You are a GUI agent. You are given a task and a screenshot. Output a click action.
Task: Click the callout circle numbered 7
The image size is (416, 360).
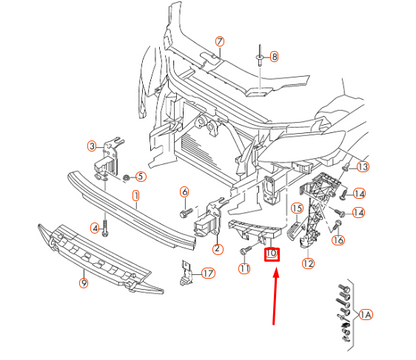pos(220,43)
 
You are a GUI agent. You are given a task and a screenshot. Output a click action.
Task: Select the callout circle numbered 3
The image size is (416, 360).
pos(91,146)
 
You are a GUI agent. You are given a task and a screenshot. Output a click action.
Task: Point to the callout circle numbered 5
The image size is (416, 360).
pos(140,177)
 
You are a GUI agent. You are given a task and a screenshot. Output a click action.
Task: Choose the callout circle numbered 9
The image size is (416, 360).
pos(83,284)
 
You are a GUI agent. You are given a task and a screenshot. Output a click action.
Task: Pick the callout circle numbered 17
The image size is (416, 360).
pos(207,274)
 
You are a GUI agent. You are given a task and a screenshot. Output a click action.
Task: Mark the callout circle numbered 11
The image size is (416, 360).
pos(243,269)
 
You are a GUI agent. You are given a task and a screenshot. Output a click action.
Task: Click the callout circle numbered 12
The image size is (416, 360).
pos(308,264)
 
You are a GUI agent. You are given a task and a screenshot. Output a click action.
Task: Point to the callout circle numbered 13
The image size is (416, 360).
pos(363,167)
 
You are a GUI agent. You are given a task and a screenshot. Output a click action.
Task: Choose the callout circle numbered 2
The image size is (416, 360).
pos(218,249)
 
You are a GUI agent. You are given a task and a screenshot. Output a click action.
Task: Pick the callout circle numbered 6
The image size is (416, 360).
pos(185,192)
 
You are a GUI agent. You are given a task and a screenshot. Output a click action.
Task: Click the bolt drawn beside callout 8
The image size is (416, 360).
pos(258,58)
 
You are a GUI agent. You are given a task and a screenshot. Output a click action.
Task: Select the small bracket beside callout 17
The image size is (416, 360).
pos(186,270)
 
